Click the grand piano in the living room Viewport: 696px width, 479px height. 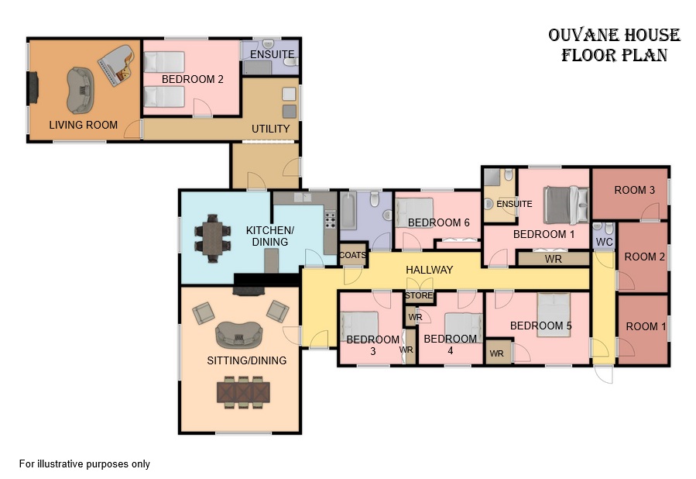[x=116, y=65]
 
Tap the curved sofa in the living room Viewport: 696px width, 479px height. [x=81, y=90]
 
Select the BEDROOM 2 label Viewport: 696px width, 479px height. [x=192, y=80]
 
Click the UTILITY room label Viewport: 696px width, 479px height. [x=270, y=129]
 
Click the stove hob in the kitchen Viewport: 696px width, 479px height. [x=331, y=219]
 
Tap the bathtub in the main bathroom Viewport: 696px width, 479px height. [x=348, y=211]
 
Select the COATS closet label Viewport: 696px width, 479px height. [x=353, y=255]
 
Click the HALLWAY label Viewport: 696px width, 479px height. [x=429, y=270]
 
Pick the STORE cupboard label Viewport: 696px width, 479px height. [x=419, y=295]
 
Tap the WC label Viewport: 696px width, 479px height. [x=604, y=242]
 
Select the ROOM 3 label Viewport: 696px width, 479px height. [x=634, y=190]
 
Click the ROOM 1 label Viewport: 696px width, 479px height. [x=646, y=326]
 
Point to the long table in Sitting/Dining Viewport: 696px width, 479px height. [x=243, y=392]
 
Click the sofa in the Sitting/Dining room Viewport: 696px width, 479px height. [x=238, y=335]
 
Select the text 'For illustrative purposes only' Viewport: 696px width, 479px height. [x=84, y=464]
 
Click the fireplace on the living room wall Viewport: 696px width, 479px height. [x=33, y=88]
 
